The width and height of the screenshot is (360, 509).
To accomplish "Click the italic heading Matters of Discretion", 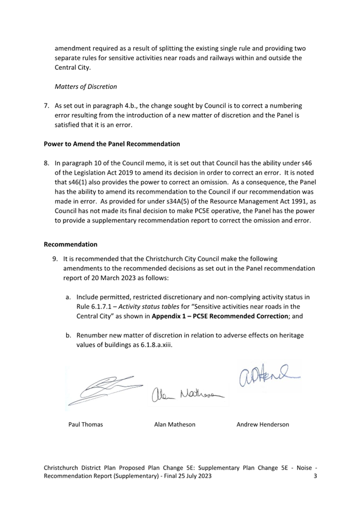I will pos(86,86).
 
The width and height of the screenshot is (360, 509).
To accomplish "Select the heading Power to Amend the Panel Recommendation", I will pos(111,144).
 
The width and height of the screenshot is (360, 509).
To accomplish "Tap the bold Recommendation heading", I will pos(70,245).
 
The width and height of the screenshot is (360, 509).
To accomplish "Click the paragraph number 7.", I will pos(47,106).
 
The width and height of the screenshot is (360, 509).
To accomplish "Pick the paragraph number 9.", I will pos(55,258).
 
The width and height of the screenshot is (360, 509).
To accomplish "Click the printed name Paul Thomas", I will pos(85,425).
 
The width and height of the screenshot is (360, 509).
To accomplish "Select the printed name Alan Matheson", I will pos(174,425).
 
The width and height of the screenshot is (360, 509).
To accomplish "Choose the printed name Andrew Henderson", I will pos(263,425).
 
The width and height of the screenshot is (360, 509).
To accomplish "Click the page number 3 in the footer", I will pos(315,476).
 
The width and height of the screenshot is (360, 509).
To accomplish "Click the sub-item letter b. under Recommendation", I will pos(69,335).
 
